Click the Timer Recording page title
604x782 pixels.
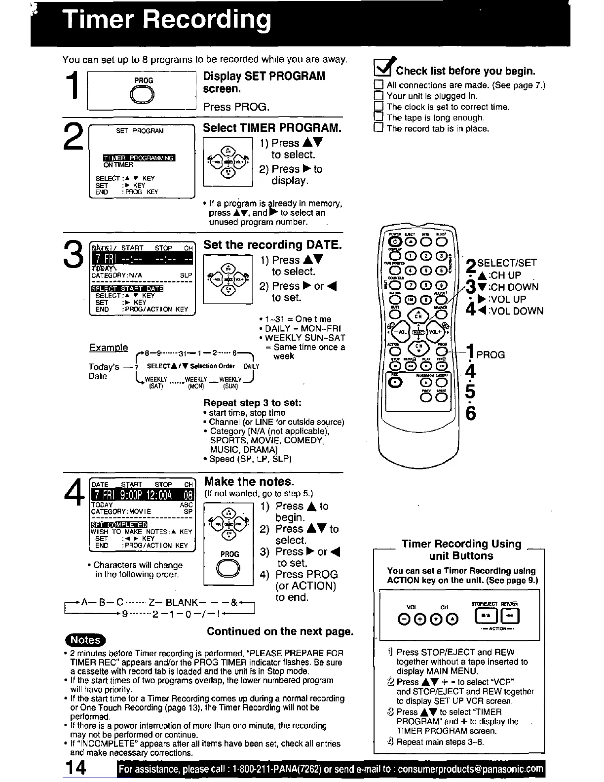[x=167, y=21]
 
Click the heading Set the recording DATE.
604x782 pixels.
[x=272, y=244]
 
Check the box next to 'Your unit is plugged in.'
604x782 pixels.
[x=379, y=96]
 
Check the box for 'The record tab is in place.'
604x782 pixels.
[x=379, y=128]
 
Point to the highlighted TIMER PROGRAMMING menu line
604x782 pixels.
[x=139, y=158]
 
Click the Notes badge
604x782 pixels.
[x=85, y=640]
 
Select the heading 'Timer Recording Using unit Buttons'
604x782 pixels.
[x=461, y=549]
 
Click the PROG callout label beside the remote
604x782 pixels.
[x=491, y=354]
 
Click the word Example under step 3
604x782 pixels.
[x=109, y=348]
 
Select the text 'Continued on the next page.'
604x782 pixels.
[x=280, y=631]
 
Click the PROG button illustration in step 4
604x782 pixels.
[x=229, y=569]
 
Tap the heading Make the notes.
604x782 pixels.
[x=249, y=481]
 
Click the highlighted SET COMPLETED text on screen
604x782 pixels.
[x=119, y=524]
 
